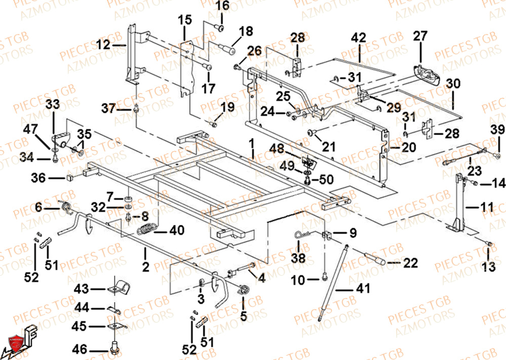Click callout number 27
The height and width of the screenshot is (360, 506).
coord(420,36)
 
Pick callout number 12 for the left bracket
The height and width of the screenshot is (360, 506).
coord(103,45)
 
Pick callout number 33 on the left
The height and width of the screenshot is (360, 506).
coord(53,105)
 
